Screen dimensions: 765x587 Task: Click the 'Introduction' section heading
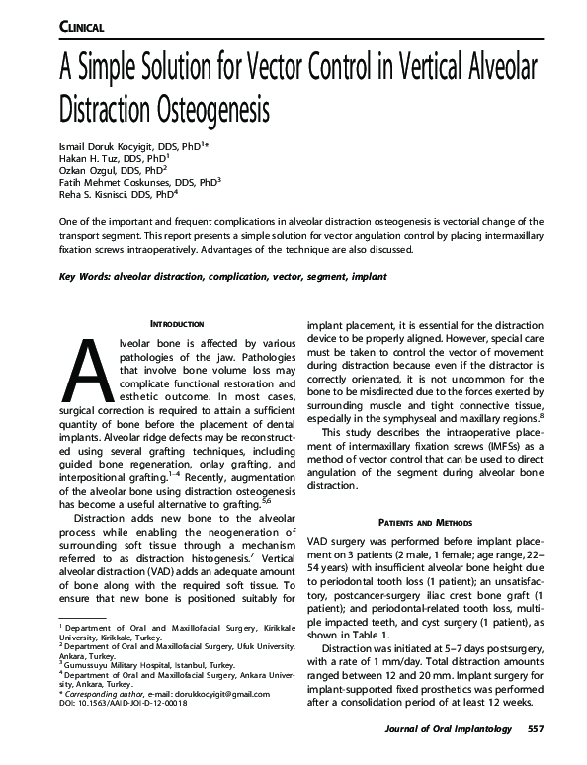pos(176,323)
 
